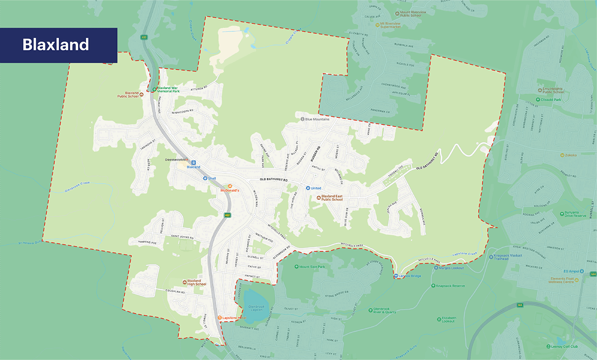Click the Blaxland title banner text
pyautogui.click(x=56, y=45)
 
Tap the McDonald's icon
pyautogui.click(x=230, y=186)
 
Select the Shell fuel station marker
pyautogui.click(x=205, y=178)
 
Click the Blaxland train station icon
pyautogui.click(x=194, y=163)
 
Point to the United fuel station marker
pyautogui.click(x=308, y=188)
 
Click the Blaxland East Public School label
pyautogui.click(x=332, y=198)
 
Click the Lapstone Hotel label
pyautogui.click(x=234, y=318)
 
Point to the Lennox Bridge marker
pyautogui.click(x=395, y=276)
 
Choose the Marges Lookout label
pyautogui.click(x=451, y=268)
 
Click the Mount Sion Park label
pyautogui.click(x=312, y=267)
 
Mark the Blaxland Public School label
pyautogui.click(x=128, y=94)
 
